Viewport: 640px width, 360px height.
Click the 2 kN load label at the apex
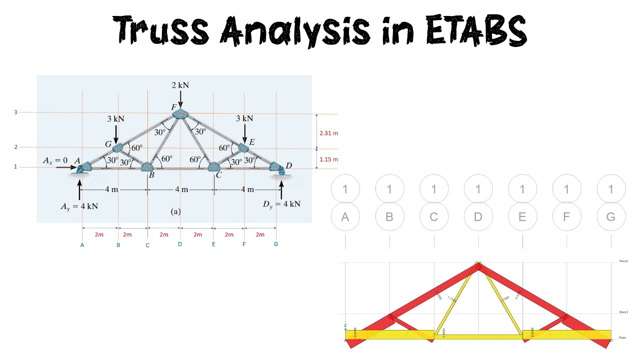click(x=179, y=85)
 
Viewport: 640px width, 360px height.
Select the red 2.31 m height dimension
click(x=328, y=133)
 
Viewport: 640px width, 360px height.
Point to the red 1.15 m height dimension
click(x=328, y=159)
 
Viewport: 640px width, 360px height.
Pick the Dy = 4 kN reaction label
click(x=281, y=203)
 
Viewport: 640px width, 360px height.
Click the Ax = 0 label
click(x=55, y=160)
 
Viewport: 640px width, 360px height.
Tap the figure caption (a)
click(x=175, y=211)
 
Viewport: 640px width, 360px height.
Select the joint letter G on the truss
click(x=108, y=144)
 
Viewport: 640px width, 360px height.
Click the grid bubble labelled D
click(x=478, y=217)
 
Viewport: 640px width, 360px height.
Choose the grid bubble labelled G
click(x=611, y=217)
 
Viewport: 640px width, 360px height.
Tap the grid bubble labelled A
click(x=345, y=217)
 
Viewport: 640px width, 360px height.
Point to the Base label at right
click(x=622, y=337)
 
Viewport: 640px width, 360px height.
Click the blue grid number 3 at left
click(x=15, y=112)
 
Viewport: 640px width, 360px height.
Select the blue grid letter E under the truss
click(x=213, y=244)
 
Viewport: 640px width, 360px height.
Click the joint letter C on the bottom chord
click(x=218, y=175)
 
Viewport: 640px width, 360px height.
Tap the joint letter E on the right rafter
click(x=251, y=142)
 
